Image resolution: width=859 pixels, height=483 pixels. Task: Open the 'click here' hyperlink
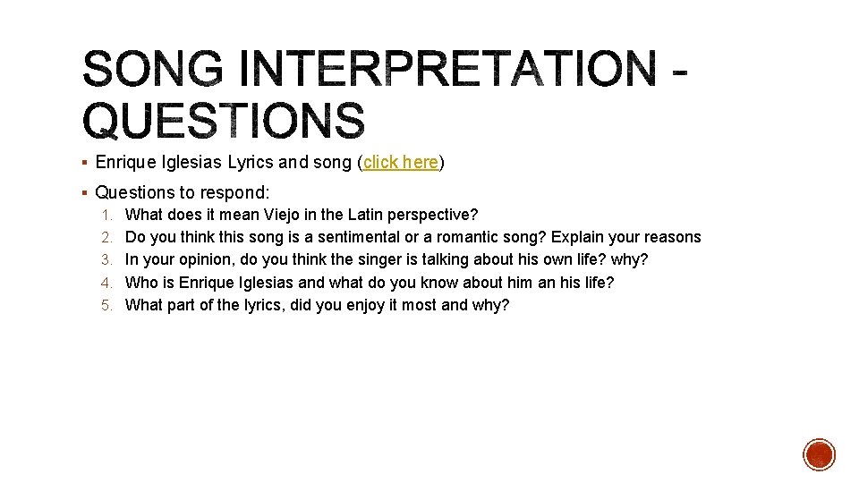[x=400, y=163]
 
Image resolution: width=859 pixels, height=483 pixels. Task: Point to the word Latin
[x=355, y=215]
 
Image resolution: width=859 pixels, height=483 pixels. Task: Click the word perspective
[x=429, y=215]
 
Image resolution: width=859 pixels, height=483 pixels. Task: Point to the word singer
[x=385, y=259]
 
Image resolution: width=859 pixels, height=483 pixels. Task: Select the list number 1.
[x=106, y=215]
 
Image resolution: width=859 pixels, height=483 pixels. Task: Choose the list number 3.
[x=106, y=259]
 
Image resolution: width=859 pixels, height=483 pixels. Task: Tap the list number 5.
[x=106, y=305]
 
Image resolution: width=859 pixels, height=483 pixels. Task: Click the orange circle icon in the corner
[x=819, y=454]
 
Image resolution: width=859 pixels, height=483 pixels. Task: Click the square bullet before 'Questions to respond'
[x=82, y=192]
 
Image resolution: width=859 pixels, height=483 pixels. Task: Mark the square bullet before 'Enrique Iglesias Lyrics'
[x=82, y=163]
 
